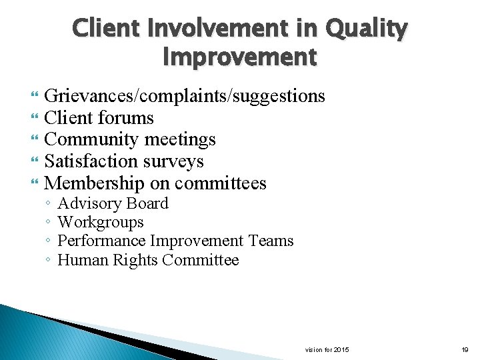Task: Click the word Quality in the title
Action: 366,29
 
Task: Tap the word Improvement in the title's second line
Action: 240,58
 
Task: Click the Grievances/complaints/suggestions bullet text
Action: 185,97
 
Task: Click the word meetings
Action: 179,140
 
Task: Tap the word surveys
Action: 177,161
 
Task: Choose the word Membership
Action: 94,183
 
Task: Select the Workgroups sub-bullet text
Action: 101,223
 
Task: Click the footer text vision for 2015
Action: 327,350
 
